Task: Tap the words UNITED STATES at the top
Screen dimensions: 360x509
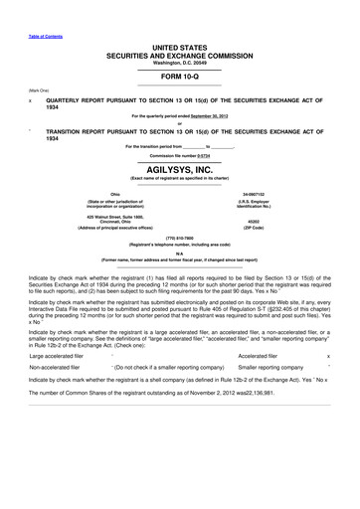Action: (180, 47)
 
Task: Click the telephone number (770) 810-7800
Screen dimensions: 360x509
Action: (179, 238)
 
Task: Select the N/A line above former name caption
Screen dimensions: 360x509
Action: (179, 252)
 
